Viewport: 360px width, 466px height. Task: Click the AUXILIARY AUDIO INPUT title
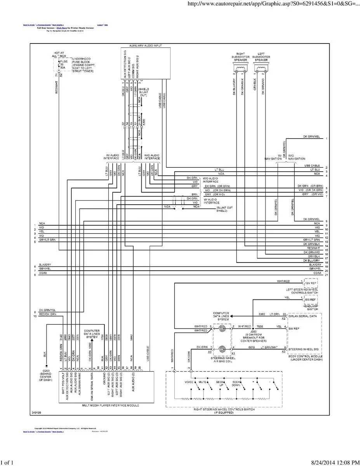tap(145, 46)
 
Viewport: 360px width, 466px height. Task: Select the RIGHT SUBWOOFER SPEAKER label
tap(242, 57)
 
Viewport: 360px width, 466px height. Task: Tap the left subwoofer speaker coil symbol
tap(260, 68)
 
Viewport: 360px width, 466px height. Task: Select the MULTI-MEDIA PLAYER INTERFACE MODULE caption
tap(110, 405)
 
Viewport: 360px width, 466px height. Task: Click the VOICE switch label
tap(189, 382)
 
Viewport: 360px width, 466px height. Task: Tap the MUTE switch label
tap(202, 382)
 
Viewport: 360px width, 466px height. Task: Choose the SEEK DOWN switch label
tap(237, 383)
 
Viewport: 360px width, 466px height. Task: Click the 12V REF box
tap(311, 283)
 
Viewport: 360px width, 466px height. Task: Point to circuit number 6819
tap(252, 346)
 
